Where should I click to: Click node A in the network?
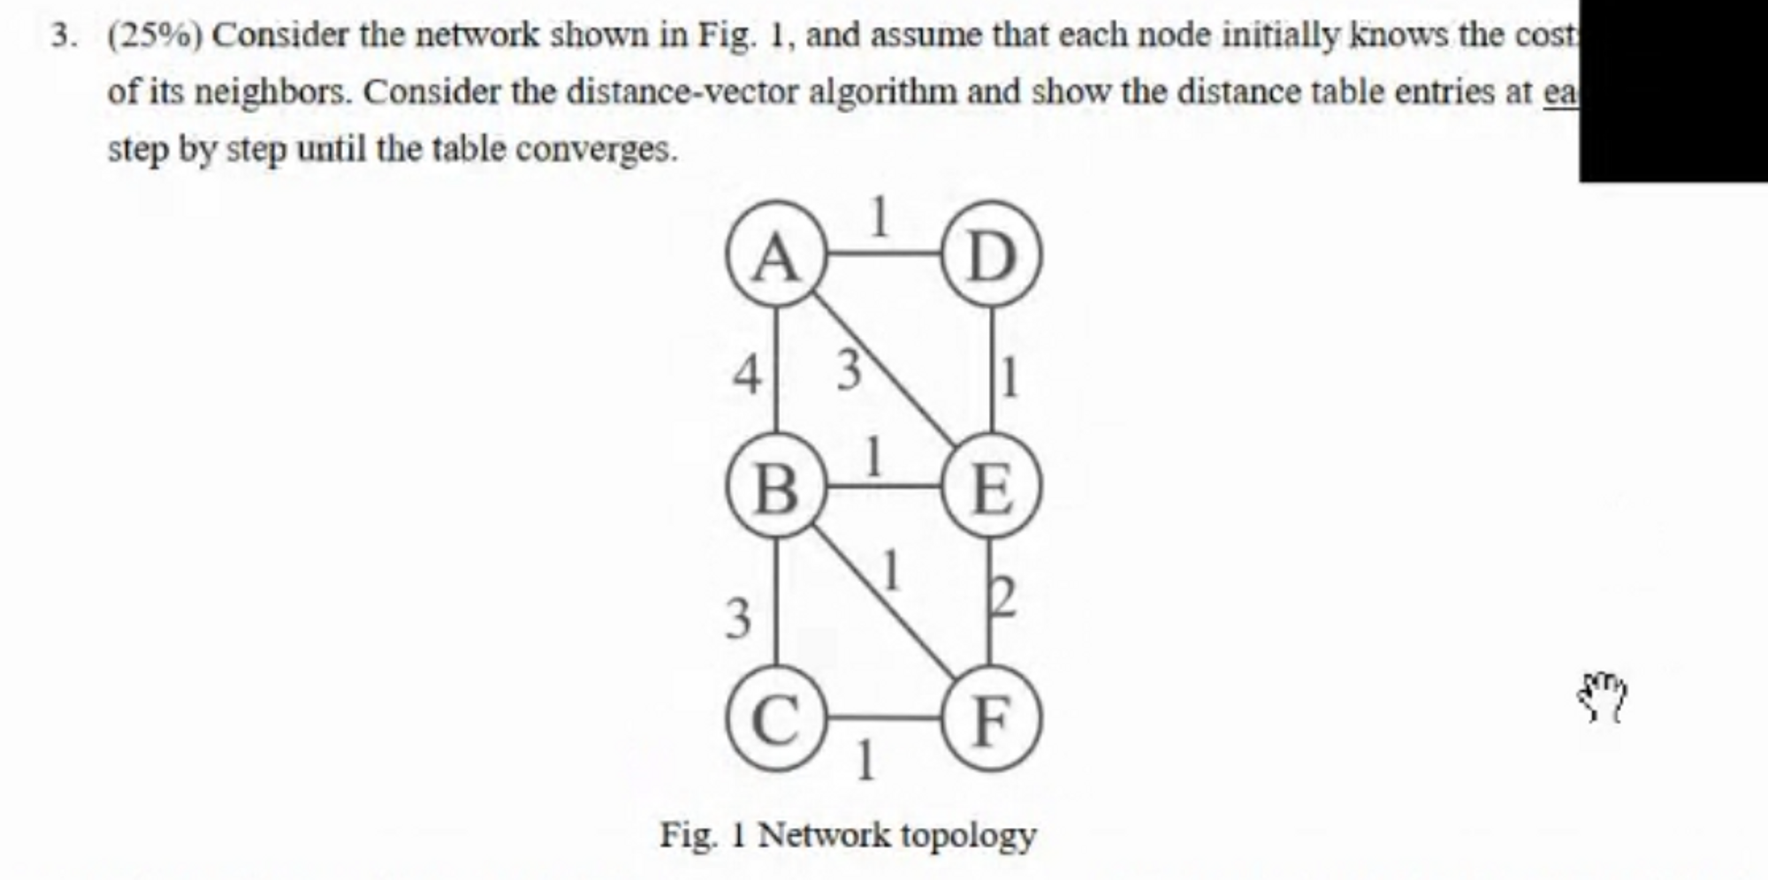(776, 254)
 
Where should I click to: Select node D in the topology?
(991, 254)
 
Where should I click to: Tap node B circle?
(776, 486)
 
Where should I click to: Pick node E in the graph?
(991, 486)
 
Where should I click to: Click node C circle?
(776, 718)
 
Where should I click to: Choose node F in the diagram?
(991, 718)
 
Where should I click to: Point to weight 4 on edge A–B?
(747, 375)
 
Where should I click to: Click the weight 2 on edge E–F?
(1003, 598)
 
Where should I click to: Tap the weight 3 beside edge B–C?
(738, 618)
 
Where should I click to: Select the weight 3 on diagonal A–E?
(848, 369)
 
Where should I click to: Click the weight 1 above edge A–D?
(878, 217)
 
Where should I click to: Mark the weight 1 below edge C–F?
(866, 761)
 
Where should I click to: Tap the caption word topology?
(968, 835)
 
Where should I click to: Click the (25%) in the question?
(156, 35)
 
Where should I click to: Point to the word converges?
(597, 148)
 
